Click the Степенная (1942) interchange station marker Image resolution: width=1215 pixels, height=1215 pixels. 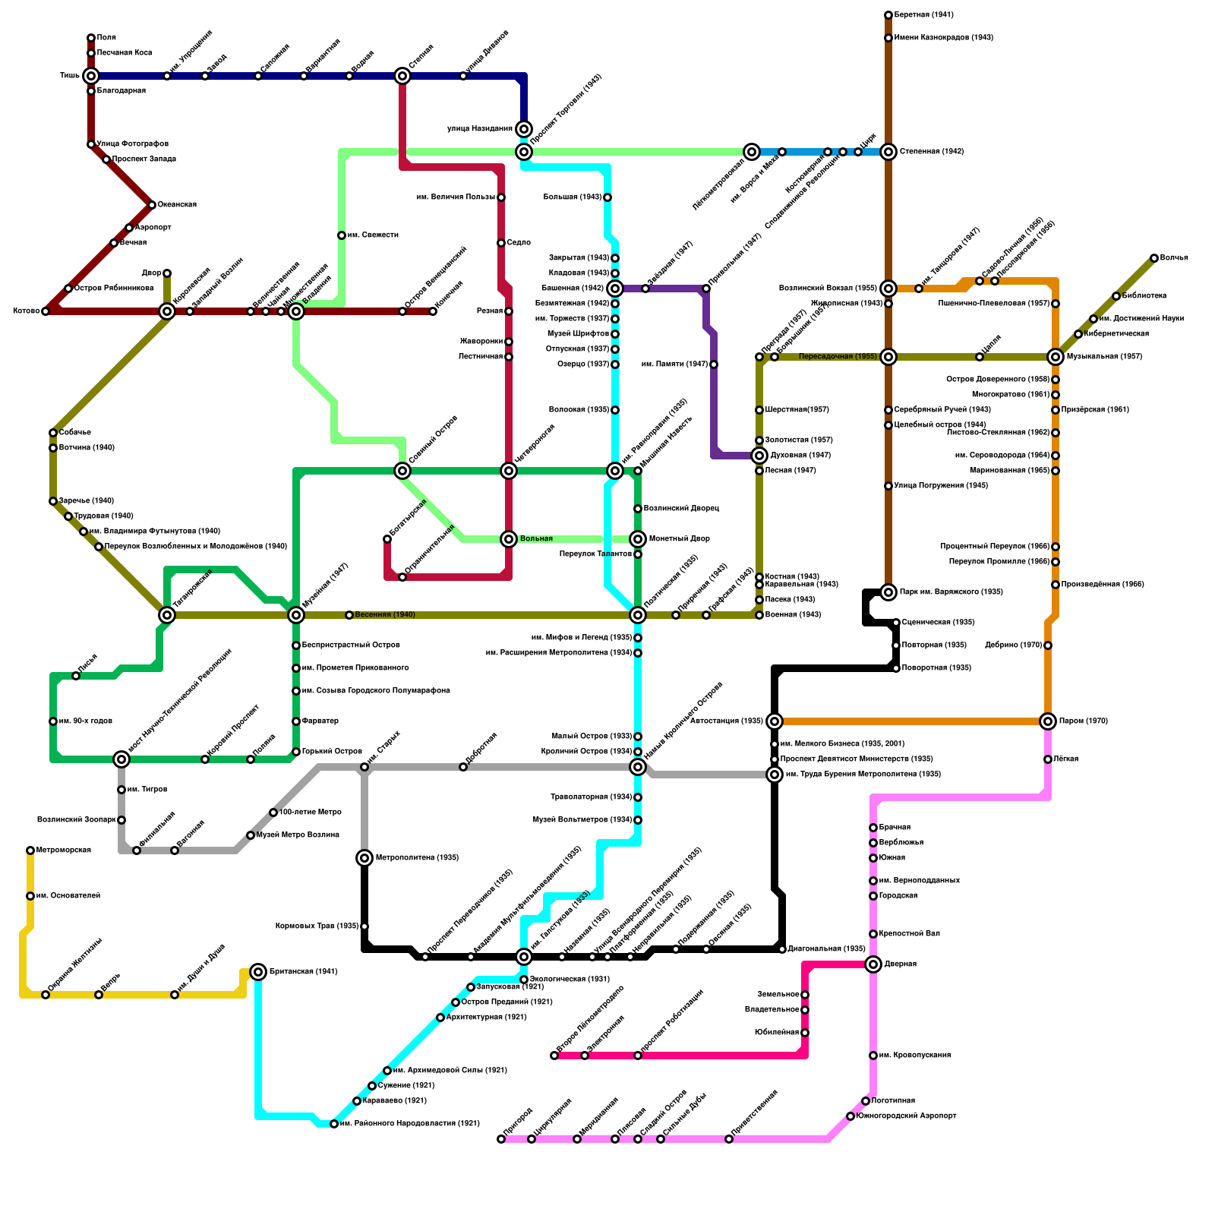pyautogui.click(x=888, y=152)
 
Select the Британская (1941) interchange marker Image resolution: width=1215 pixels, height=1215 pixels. pyautogui.click(x=258, y=972)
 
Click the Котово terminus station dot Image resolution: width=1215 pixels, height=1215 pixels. pyautogui.click(x=46, y=311)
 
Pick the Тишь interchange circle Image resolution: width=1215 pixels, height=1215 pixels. pyautogui.click(x=91, y=76)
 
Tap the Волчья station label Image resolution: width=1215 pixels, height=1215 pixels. pyautogui.click(x=1174, y=258)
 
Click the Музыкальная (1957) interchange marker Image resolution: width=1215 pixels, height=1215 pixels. pyautogui.click(x=1056, y=357)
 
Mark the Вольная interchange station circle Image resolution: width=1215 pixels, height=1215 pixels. pyautogui.click(x=509, y=539)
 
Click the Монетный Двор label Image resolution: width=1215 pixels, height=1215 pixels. pyautogui.click(x=680, y=539)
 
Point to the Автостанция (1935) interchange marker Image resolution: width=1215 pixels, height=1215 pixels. pyautogui.click(x=775, y=721)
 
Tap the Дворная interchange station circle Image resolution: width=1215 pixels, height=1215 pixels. pyautogui.click(x=873, y=964)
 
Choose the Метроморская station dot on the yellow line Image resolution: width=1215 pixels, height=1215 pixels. pyautogui.click(x=30, y=850)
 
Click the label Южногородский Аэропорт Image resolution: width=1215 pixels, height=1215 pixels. pyautogui.click(x=906, y=1116)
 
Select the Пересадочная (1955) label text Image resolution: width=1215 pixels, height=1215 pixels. pyautogui.click(x=838, y=357)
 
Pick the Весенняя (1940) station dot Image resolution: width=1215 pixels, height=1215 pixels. pyautogui.click(x=349, y=615)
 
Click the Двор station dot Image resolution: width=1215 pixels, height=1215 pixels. pyautogui.click(x=167, y=273)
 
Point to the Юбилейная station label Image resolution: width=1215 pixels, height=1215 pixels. pyautogui.click(x=777, y=1033)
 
